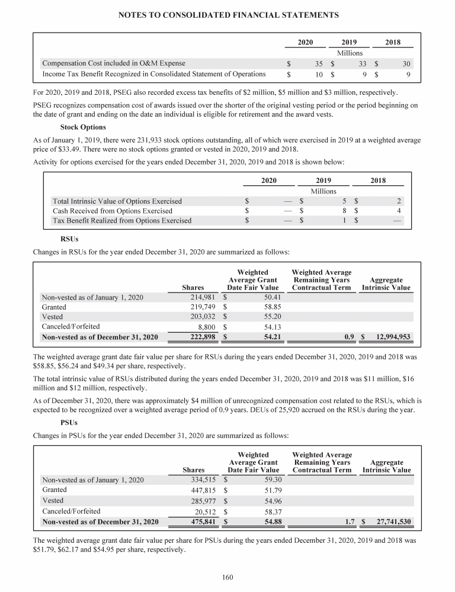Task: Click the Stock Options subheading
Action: pos(83,127)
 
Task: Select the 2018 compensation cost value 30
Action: pos(406,63)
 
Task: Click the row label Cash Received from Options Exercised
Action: pos(113,211)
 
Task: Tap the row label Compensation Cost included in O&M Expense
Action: pos(113,63)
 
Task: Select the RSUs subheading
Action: pos(69,240)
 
